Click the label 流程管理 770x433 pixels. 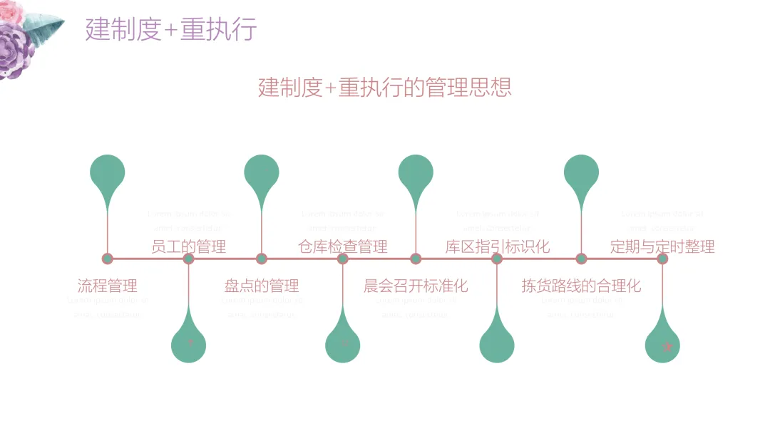pyautogui.click(x=107, y=286)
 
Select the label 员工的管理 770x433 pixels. pyautogui.click(x=189, y=247)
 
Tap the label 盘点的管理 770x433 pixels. pyautogui.click(x=262, y=286)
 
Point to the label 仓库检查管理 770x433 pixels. pyautogui.click(x=343, y=247)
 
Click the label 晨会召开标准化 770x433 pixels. pyautogui.click(x=416, y=286)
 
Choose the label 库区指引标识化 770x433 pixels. pyautogui.click(x=498, y=247)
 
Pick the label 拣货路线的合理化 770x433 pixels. pyautogui.click(x=581, y=286)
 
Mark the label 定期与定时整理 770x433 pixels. pyautogui.click(x=662, y=247)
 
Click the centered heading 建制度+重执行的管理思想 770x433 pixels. pyautogui.click(x=385, y=88)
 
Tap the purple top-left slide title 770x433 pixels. pyautogui.click(x=171, y=29)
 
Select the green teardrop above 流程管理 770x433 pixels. pyautogui.click(x=108, y=173)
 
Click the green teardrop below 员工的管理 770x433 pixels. pyautogui.click(x=189, y=345)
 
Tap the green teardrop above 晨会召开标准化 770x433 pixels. pyautogui.click(x=416, y=173)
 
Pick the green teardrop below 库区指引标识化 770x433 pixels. pyautogui.click(x=498, y=345)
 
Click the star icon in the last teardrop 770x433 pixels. pyautogui.click(x=667, y=347)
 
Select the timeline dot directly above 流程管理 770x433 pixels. pyautogui.click(x=108, y=259)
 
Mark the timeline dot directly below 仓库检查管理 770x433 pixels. pyautogui.click(x=343, y=259)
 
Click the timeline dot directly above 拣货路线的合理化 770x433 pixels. pyautogui.click(x=582, y=259)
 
